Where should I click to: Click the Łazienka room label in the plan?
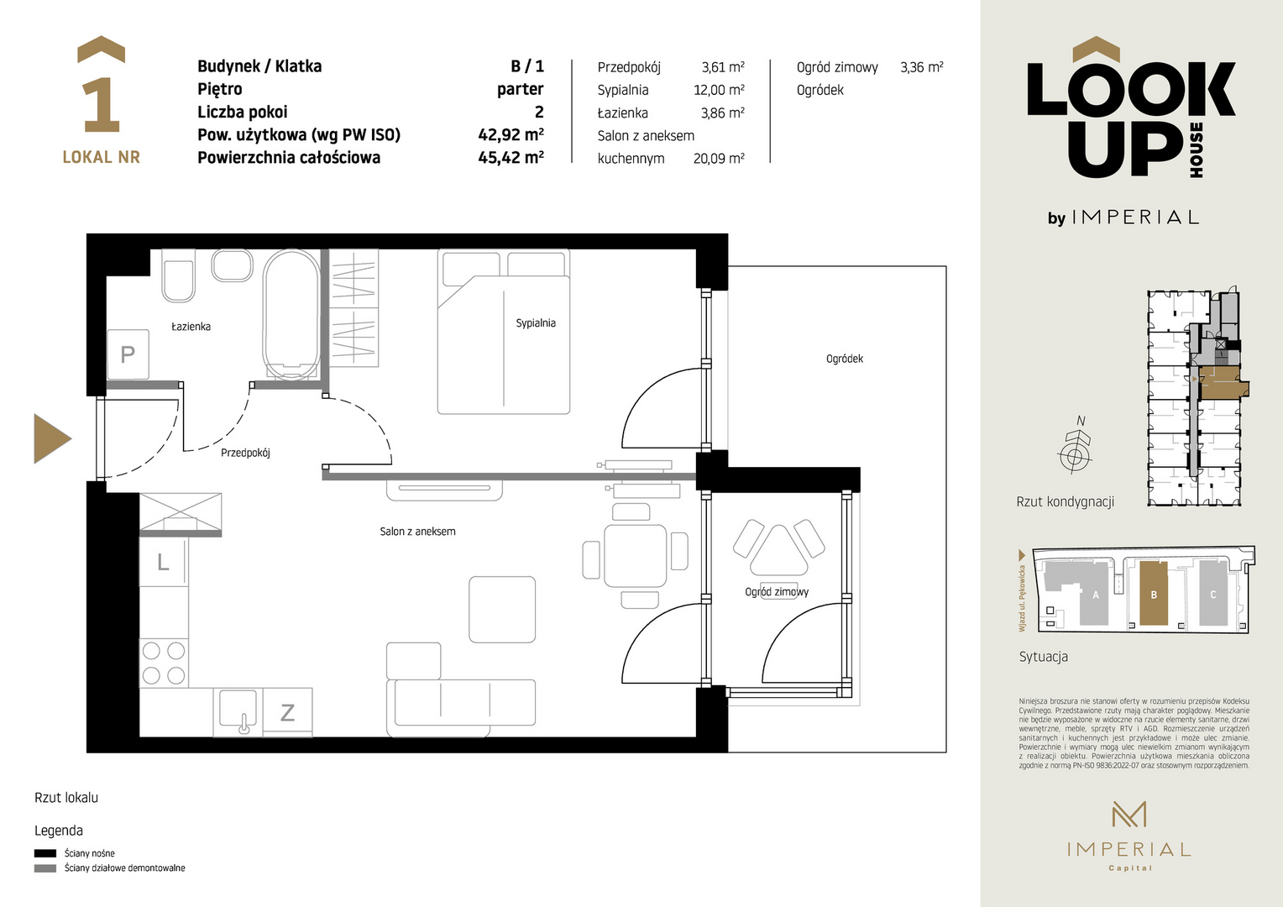[191, 327]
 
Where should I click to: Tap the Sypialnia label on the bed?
[536, 323]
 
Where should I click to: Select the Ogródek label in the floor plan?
[844, 359]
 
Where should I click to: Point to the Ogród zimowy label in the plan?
[777, 592]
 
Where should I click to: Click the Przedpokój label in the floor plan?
[245, 453]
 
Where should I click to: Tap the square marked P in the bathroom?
[128, 354]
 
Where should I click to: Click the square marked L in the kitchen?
[163, 562]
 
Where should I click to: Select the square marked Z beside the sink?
[287, 712]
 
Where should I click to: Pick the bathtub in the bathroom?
[291, 314]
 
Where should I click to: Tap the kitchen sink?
[238, 711]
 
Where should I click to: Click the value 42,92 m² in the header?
[511, 134]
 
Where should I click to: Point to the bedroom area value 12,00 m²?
[719, 90]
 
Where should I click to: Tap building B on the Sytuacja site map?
[1154, 593]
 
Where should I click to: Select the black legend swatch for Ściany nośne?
[45, 853]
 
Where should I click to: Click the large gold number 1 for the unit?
[102, 105]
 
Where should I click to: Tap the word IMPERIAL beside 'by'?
[1134, 218]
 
